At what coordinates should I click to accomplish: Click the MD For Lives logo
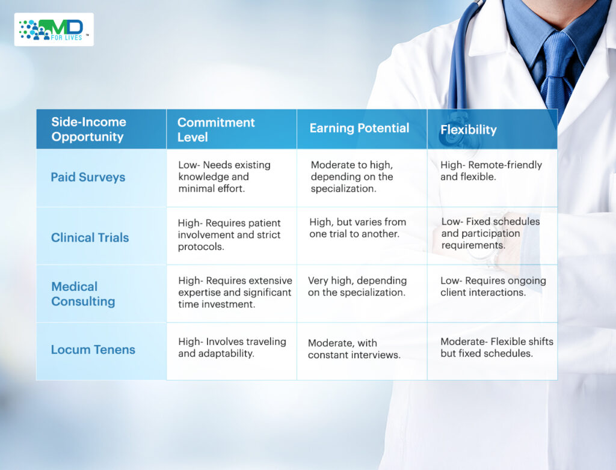coord(54,29)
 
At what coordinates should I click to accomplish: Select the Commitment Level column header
coord(216,130)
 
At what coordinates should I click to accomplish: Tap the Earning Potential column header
coord(359,128)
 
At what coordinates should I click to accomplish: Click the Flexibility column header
coord(468,130)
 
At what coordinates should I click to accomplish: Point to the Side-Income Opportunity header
coord(89,129)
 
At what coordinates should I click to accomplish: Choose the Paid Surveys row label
coord(88,177)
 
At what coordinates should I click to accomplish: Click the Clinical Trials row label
coord(90,237)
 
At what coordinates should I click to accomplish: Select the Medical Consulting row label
coord(83,294)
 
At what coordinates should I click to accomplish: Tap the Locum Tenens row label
coord(93,349)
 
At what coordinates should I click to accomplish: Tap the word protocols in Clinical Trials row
coord(201,246)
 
